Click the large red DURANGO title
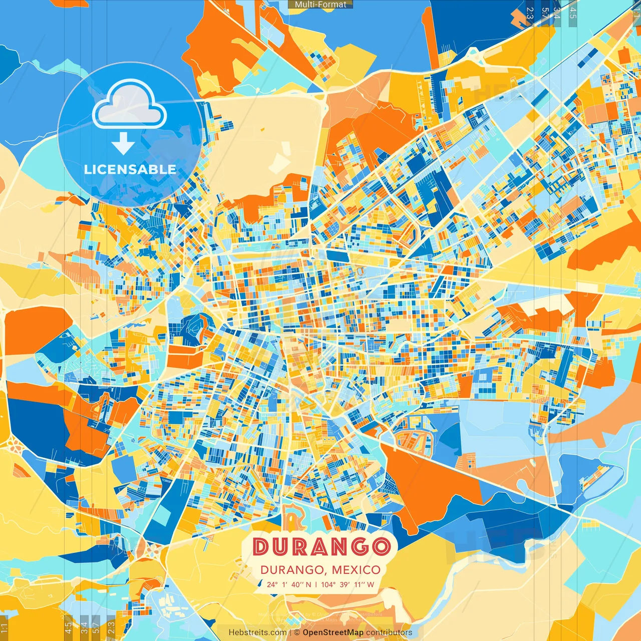321,546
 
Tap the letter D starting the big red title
260,546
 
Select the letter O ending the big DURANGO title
381,546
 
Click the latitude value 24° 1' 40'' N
288,584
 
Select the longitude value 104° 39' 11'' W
348,584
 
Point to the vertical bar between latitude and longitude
316,584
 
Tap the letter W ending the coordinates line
371,584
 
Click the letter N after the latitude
308,584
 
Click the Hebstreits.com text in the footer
257,632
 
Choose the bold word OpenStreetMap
333,632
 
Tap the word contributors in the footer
389,632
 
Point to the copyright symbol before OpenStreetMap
297,632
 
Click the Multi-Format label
320,5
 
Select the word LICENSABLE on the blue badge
130,169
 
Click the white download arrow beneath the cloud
123,144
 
